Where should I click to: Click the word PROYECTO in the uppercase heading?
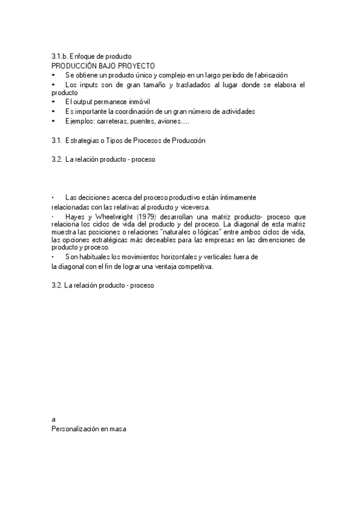136,65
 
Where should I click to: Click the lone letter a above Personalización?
53,419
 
